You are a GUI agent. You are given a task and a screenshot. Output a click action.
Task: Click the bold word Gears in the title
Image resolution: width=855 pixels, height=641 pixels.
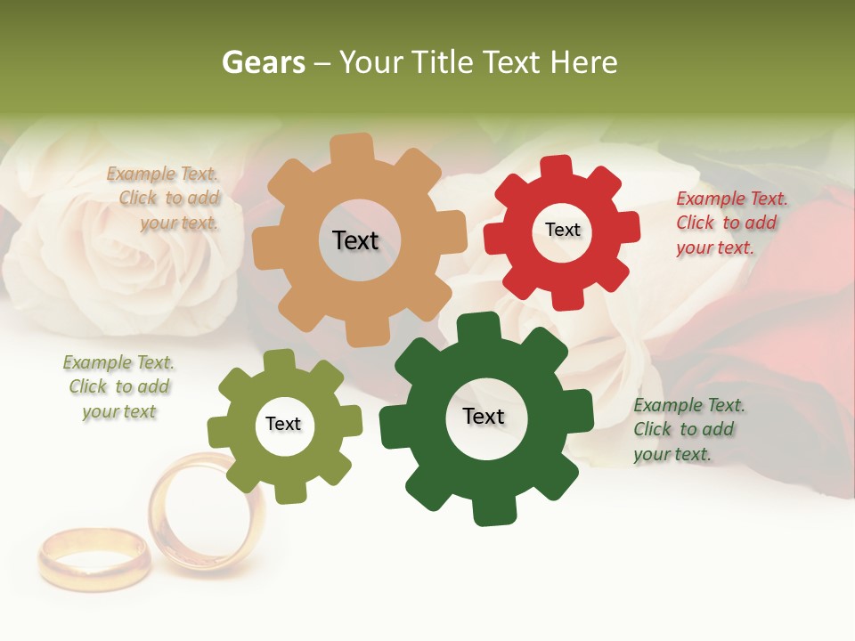click(264, 62)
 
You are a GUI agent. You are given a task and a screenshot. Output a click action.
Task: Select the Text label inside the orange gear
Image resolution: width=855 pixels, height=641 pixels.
click(355, 240)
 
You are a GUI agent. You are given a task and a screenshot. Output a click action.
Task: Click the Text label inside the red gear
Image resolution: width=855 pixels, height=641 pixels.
click(562, 230)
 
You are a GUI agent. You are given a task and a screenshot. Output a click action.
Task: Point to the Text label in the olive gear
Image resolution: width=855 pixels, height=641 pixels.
click(283, 424)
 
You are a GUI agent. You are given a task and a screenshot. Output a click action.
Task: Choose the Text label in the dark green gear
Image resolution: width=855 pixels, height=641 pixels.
click(484, 416)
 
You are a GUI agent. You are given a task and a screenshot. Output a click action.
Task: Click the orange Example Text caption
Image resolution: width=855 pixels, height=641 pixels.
click(164, 199)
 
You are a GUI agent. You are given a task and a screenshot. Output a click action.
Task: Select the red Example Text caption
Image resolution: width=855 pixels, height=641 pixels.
click(730, 223)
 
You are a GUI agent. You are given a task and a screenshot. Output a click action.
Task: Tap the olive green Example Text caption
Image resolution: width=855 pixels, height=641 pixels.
click(118, 386)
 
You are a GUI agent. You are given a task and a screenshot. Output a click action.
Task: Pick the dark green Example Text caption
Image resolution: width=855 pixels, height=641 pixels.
click(688, 429)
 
